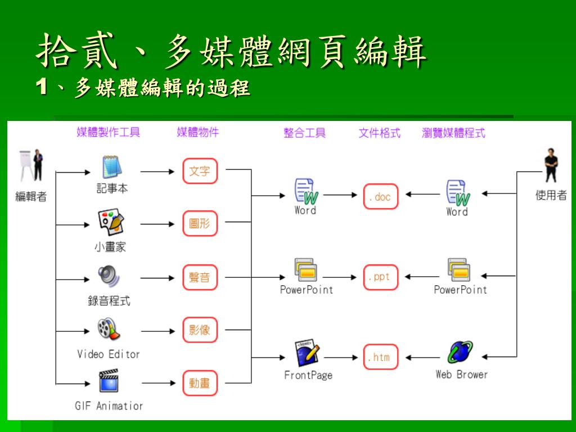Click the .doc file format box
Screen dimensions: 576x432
[381, 196]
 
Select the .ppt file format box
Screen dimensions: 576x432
[381, 277]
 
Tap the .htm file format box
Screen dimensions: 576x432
[381, 357]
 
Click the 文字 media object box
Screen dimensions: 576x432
[200, 171]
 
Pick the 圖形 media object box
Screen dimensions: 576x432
[200, 223]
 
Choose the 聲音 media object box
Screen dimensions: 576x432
[200, 277]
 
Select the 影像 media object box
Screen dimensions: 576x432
[200, 330]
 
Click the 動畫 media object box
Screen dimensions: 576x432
[200, 383]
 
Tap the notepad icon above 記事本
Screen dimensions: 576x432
[112, 167]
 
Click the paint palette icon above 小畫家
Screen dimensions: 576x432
[111, 222]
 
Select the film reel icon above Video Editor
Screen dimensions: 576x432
[109, 328]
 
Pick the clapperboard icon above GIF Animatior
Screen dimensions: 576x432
[109, 381]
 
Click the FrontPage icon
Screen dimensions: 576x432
[307, 353]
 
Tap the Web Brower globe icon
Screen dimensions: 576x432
[460, 352]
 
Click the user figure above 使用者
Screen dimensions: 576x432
[551, 165]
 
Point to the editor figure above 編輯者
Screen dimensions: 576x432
[31, 165]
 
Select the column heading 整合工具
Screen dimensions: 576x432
[304, 133]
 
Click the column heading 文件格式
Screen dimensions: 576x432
[380, 133]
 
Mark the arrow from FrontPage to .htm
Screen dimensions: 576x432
[341, 357]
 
